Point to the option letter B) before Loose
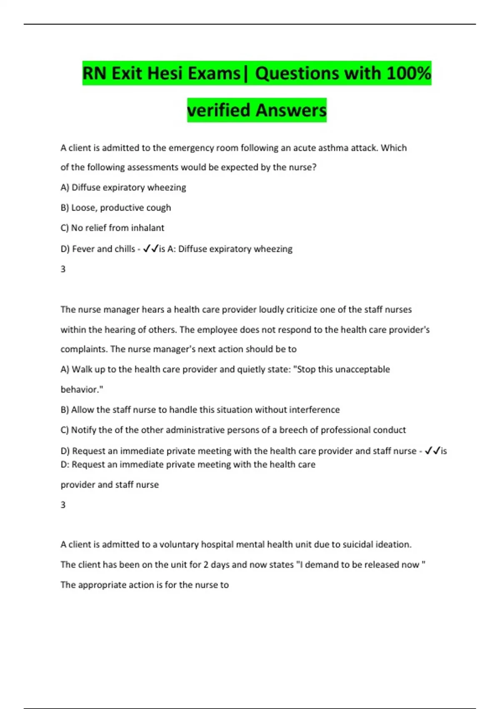tap(65, 208)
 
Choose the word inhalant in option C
tap(147, 228)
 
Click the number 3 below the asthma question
tap(63, 269)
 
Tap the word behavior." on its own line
tap(82, 389)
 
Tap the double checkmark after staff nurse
tap(432, 451)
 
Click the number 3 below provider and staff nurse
tap(63, 505)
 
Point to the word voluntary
tap(179, 544)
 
